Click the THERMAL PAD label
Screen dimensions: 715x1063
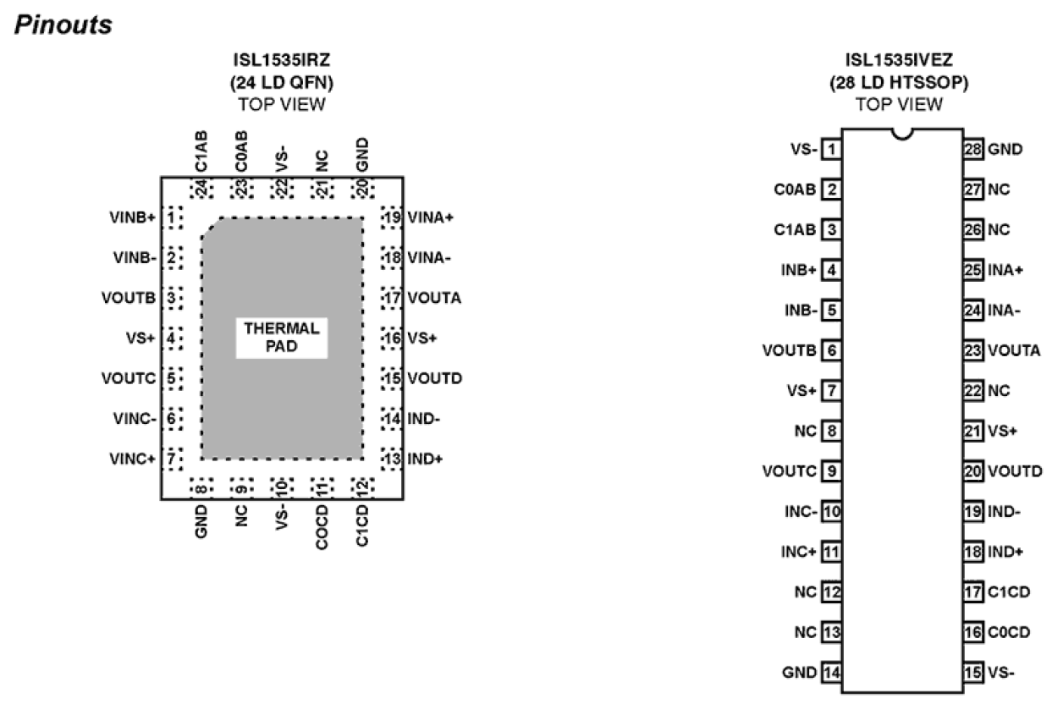pyautogui.click(x=281, y=337)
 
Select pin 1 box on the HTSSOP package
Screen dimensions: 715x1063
pyautogui.click(x=832, y=150)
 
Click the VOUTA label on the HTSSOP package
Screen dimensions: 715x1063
pyautogui.click(x=1013, y=350)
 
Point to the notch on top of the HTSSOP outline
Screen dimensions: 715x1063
pyautogui.click(x=902, y=134)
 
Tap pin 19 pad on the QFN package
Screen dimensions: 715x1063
pyautogui.click(x=390, y=217)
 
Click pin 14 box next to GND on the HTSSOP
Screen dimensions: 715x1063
pyautogui.click(x=832, y=673)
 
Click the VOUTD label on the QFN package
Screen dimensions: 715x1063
pyautogui.click(x=434, y=377)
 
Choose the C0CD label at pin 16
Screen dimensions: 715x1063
pyautogui.click(x=1009, y=632)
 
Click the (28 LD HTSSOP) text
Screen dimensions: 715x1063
pyautogui.click(x=899, y=82)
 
